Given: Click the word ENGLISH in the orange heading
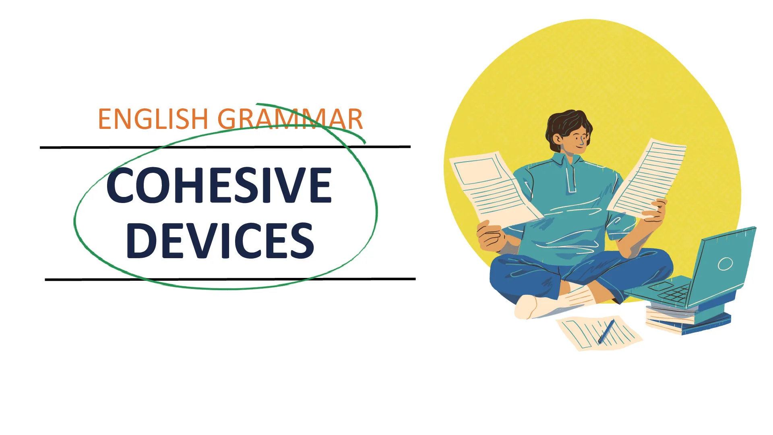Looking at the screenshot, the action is coord(153,119).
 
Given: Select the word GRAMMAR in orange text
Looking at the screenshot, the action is coord(290,119).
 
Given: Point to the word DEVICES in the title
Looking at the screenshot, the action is coord(220,240).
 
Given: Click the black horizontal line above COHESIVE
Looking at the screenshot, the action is coord(225,147).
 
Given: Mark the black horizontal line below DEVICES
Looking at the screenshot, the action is coord(230,279).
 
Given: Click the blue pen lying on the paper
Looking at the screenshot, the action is coord(606,331).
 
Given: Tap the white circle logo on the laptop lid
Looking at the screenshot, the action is coord(725,264).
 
